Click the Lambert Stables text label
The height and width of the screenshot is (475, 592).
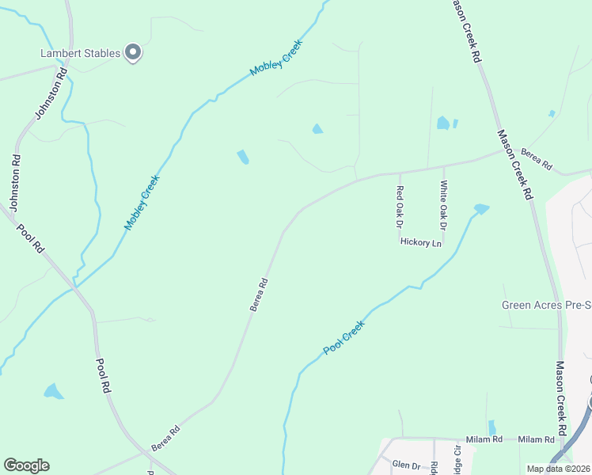coord(80,54)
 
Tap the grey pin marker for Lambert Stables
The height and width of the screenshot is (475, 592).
coord(134,53)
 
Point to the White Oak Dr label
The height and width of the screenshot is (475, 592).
coord(444,203)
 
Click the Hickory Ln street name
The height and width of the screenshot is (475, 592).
coord(420,243)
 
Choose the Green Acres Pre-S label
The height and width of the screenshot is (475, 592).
coord(546,305)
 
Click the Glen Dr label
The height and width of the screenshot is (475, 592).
coord(406,466)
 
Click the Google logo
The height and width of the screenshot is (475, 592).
coord(26,465)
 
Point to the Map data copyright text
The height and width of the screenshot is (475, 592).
coord(559,469)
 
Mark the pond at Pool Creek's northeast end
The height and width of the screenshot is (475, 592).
coord(480,209)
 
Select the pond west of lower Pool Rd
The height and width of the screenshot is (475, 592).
coord(54,391)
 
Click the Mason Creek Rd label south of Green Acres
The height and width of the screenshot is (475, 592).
coord(560,397)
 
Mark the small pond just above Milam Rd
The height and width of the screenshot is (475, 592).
coord(492,427)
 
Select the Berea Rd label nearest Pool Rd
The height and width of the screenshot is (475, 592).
coord(166,438)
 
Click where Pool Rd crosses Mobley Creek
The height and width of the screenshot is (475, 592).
coord(77,287)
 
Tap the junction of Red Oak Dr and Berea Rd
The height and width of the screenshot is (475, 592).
coord(400,173)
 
